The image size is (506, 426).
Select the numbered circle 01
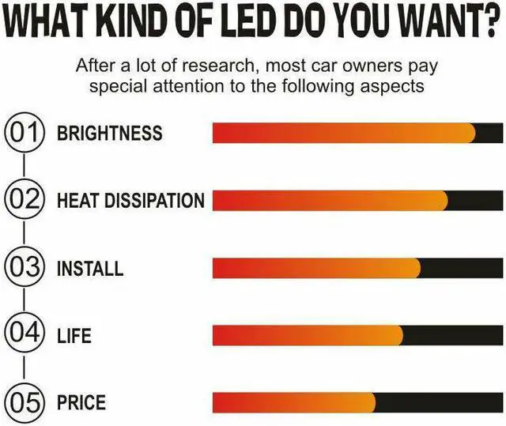[24, 133]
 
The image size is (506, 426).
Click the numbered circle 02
[24, 200]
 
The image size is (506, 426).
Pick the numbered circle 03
[24, 268]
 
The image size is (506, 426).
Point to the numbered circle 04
[24, 335]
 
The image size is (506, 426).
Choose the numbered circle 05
[24, 403]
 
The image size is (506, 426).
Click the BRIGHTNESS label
[109, 133]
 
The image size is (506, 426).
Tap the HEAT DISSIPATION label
[130, 201]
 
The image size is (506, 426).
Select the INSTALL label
[90, 268]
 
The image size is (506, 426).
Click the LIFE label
[74, 336]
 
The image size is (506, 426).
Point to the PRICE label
[81, 403]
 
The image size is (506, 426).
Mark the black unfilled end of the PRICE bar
[439, 402]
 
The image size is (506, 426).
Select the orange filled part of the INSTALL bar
[316, 268]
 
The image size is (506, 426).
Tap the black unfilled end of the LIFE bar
[452, 335]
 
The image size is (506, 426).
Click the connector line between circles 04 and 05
[24, 369]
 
